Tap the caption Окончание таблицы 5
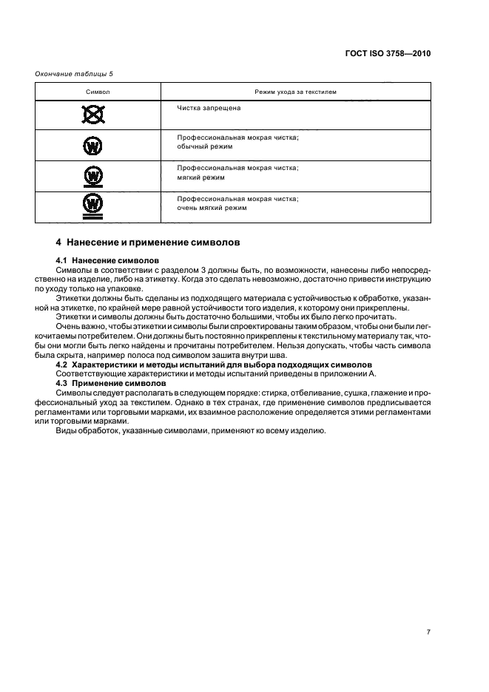click(73, 73)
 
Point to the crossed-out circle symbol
click(92, 115)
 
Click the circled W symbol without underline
click(92, 146)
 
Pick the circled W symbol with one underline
click(92, 176)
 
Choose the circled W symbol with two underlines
click(92, 206)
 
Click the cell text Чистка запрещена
click(209, 108)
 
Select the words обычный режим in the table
click(205, 147)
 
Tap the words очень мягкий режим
click(212, 208)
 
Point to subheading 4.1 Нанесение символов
click(107, 260)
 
